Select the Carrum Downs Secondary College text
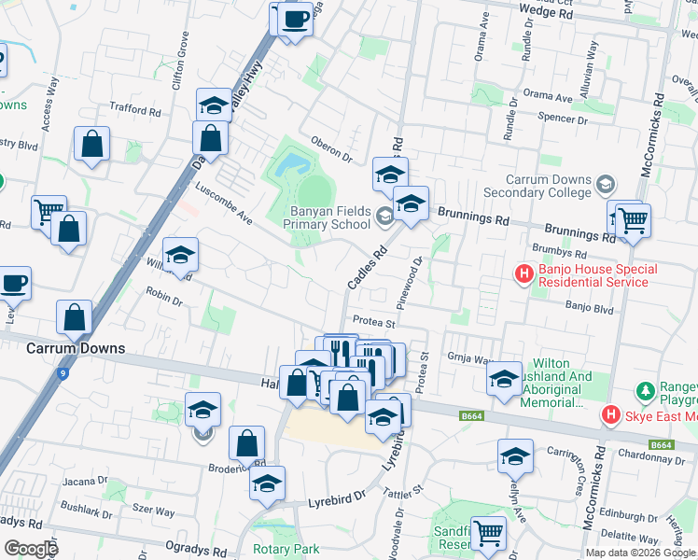coord(549,186)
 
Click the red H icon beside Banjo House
coord(525,274)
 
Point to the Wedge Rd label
coord(552,14)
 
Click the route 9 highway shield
coord(63,374)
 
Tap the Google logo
coord(31,548)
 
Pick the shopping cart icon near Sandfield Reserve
coord(488,534)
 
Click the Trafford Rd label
coord(135,110)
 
